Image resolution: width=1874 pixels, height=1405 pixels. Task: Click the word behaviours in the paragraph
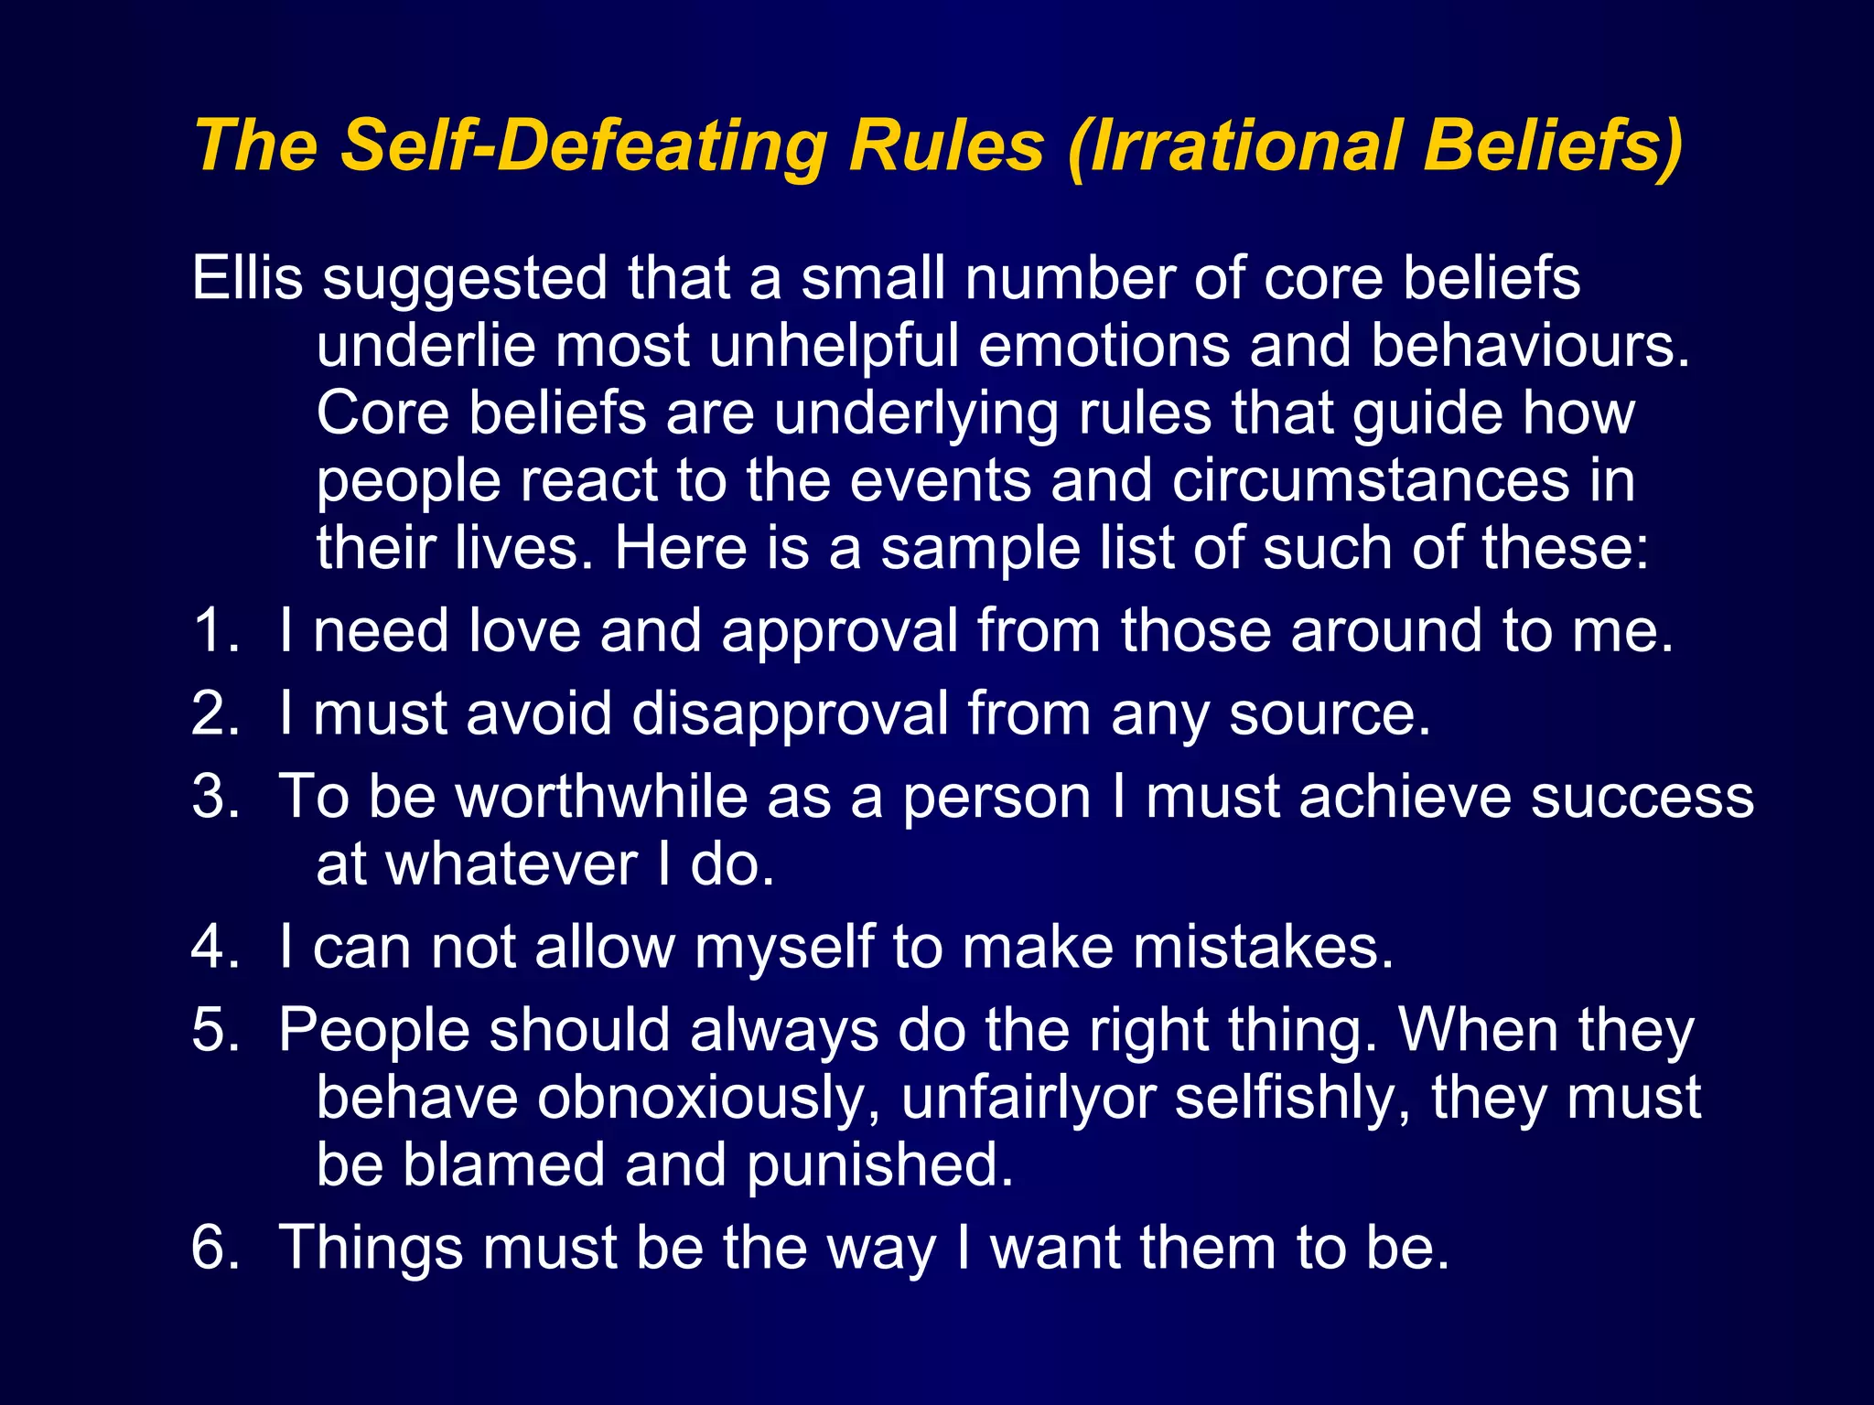coord(1529,346)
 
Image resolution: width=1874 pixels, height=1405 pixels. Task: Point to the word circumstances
coord(1370,480)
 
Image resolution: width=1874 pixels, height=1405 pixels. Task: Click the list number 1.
coord(214,630)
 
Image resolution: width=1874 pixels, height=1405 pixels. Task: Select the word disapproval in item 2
coord(790,714)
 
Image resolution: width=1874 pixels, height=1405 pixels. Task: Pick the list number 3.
coord(214,796)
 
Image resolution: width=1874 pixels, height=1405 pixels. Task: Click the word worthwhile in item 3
coord(602,796)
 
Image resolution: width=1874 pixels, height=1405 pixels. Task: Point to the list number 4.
coord(214,946)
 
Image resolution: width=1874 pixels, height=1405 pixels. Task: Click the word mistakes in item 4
coord(1264,947)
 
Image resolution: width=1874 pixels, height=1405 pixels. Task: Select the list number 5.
coord(214,1030)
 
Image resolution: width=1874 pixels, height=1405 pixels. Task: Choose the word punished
coord(880,1166)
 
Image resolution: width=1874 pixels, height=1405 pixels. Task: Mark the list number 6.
coord(214,1247)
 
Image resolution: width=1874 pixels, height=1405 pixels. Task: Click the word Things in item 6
coord(370,1249)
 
